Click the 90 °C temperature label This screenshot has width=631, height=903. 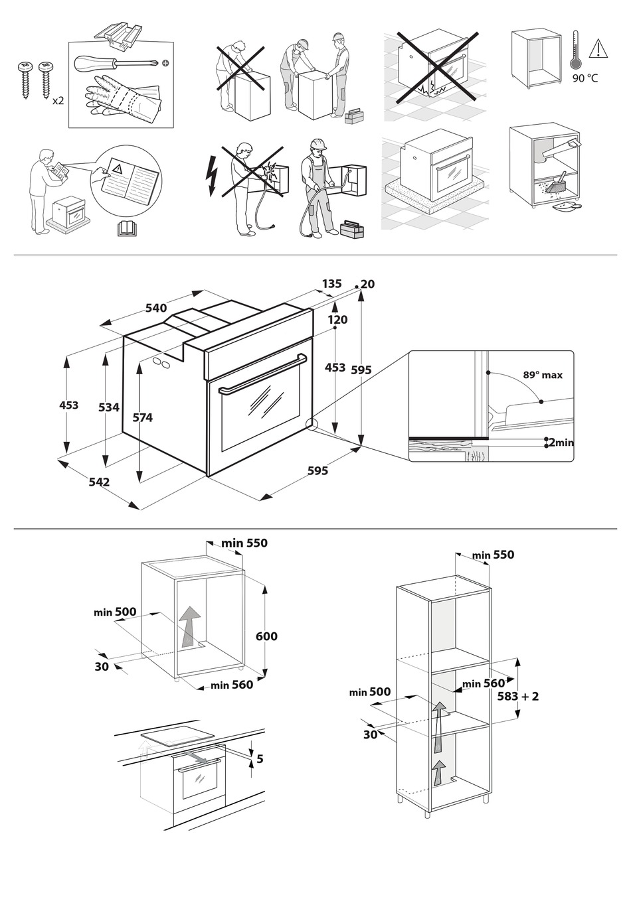pos(585,78)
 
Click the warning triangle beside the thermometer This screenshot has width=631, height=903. pos(599,48)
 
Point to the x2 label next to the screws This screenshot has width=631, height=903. pos(58,101)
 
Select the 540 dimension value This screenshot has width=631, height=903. pos(156,308)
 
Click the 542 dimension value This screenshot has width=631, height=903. pos(99,482)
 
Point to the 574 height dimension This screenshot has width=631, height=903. pos(142,417)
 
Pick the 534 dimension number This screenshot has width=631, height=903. pos(109,407)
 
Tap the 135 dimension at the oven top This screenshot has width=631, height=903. pos(331,284)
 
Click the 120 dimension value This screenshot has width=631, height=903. pos(337,320)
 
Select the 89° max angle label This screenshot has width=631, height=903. pos(542,375)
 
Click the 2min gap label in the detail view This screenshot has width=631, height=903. pos(561,442)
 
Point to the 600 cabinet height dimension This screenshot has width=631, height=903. pos(266,636)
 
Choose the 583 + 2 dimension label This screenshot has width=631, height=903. pos(518,696)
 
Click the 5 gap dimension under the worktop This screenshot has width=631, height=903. pos(260,758)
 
